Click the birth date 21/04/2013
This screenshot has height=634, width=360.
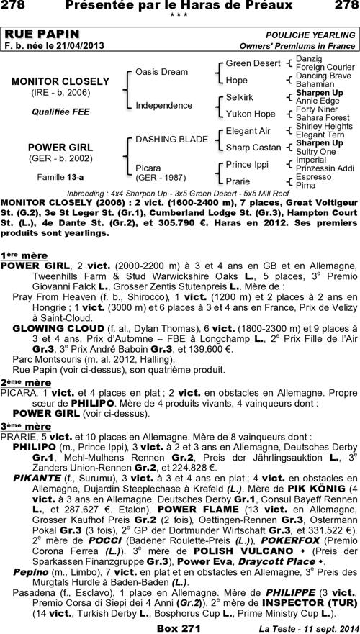[76, 46]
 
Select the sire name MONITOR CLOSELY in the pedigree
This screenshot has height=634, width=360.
[50, 82]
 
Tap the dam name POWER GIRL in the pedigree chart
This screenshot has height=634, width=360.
[50, 146]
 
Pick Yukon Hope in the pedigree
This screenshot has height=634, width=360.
[251, 114]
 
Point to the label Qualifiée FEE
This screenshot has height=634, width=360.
[50, 112]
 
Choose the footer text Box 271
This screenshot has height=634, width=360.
[179, 627]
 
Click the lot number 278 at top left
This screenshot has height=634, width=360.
[14, 6]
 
